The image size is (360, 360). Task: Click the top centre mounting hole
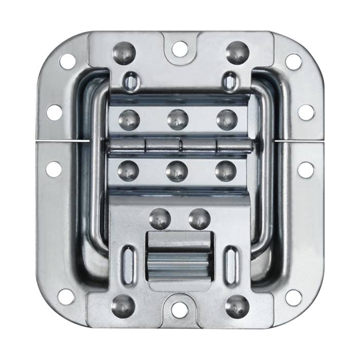(179, 49)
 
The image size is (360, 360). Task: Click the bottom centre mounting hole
(179, 310)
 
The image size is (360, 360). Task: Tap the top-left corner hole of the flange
(67, 61)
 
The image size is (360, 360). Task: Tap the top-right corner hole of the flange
(293, 61)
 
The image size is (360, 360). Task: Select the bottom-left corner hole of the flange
(66, 297)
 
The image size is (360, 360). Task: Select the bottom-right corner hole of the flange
(293, 297)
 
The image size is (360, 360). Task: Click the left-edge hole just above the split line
(55, 112)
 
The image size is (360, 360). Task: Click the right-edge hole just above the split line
(305, 112)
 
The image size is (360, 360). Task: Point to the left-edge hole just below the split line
(54, 169)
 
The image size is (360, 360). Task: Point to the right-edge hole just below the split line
(305, 169)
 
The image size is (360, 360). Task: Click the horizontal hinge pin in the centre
(180, 146)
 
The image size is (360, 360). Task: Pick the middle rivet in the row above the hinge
(177, 120)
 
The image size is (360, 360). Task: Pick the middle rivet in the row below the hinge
(177, 171)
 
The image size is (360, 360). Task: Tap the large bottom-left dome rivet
(123, 306)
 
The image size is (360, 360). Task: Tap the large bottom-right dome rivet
(237, 306)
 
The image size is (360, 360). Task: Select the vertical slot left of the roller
(129, 264)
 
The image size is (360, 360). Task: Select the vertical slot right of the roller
(231, 264)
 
